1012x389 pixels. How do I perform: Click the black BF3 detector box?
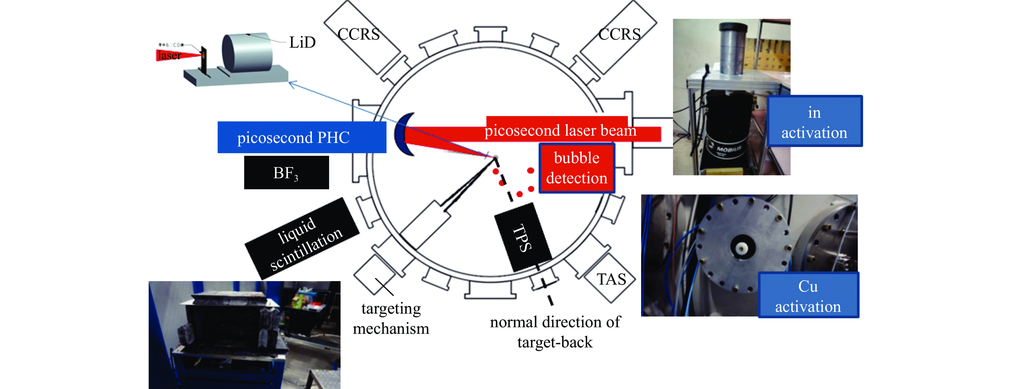tap(287, 172)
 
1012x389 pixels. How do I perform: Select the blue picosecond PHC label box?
tap(302, 137)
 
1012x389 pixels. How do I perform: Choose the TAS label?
tap(611, 279)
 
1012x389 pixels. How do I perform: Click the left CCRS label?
tap(359, 35)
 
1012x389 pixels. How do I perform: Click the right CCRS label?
tap(620, 35)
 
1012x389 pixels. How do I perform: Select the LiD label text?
tap(302, 42)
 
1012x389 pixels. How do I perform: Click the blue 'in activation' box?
tap(814, 122)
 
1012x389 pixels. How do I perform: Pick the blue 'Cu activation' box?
tap(808, 295)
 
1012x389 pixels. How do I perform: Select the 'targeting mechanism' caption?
tap(391, 318)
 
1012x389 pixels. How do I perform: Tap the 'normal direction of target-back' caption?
tap(555, 332)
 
